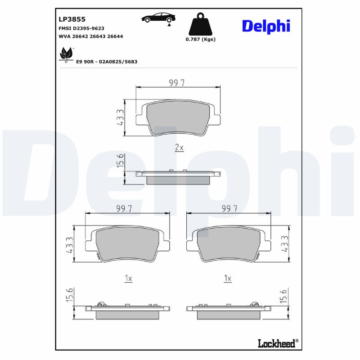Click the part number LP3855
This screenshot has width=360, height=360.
click(x=72, y=19)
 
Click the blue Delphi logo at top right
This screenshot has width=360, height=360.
click(x=266, y=26)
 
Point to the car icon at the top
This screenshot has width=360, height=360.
click(x=158, y=18)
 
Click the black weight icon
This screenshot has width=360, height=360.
click(x=200, y=25)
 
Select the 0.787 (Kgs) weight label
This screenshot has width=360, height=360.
click(x=201, y=39)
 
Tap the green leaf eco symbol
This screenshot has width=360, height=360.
click(x=66, y=54)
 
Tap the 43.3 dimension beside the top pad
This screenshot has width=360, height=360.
click(x=119, y=117)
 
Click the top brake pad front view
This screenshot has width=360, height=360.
click(x=178, y=117)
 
